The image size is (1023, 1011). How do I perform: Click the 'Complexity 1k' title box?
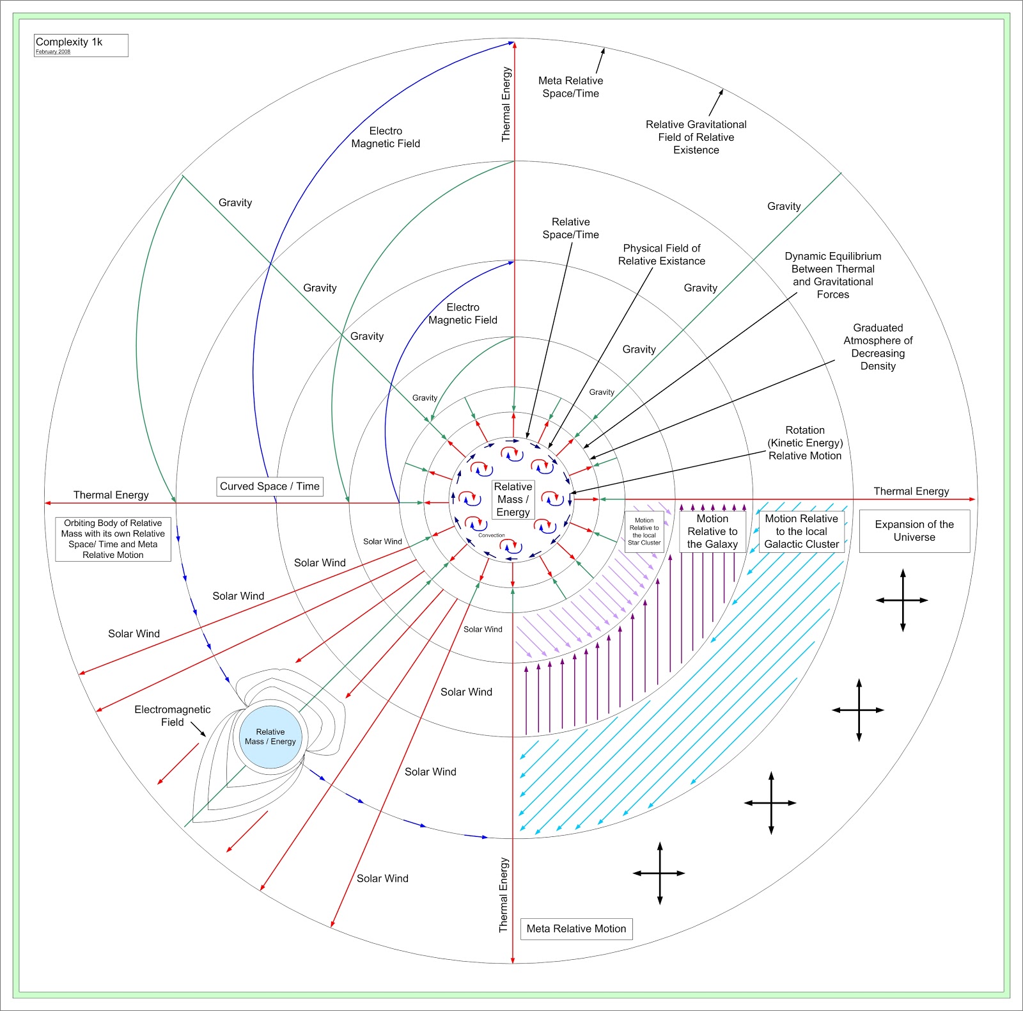(81, 45)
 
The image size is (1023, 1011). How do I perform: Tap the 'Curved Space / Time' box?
(270, 486)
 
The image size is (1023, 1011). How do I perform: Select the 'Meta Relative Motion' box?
(576, 928)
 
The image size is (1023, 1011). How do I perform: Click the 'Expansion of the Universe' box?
(914, 531)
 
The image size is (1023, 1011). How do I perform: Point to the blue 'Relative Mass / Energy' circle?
(270, 736)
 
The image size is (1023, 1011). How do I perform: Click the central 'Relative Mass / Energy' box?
(513, 499)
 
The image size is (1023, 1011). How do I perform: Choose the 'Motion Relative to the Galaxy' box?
(712, 531)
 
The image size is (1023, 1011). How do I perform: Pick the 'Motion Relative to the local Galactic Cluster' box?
(801, 531)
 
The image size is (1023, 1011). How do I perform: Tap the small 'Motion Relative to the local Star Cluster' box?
(644, 532)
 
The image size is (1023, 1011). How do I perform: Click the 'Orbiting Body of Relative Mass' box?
(113, 539)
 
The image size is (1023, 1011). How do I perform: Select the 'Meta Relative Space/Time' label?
(571, 87)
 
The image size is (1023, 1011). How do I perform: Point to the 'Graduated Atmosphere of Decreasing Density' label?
(878, 347)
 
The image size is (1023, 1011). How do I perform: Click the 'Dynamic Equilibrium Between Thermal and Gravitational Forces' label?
(833, 275)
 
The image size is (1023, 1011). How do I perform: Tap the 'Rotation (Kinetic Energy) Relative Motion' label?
(805, 443)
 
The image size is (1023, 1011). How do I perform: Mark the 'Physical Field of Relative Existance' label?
(662, 255)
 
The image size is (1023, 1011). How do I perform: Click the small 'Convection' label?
(492, 535)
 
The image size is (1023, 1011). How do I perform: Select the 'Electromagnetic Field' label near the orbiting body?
(172, 715)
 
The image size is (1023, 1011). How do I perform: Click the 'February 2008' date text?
(53, 52)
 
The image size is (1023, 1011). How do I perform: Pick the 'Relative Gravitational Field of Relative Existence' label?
(696, 137)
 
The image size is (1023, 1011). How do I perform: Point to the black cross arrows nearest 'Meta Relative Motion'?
(659, 873)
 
